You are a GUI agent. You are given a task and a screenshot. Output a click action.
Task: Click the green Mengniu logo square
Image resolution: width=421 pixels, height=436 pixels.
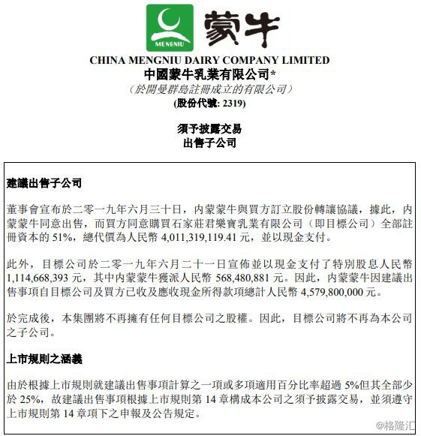(170, 28)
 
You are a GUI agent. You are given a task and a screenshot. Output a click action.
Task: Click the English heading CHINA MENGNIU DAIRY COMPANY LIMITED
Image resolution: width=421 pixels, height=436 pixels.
(209, 61)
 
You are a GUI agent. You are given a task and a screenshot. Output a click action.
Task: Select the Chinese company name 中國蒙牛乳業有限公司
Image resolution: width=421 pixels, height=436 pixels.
(206, 74)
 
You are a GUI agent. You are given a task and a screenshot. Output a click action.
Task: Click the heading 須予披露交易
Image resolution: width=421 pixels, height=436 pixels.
(209, 129)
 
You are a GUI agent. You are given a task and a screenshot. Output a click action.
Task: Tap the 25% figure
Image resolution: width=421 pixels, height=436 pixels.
(29, 398)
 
